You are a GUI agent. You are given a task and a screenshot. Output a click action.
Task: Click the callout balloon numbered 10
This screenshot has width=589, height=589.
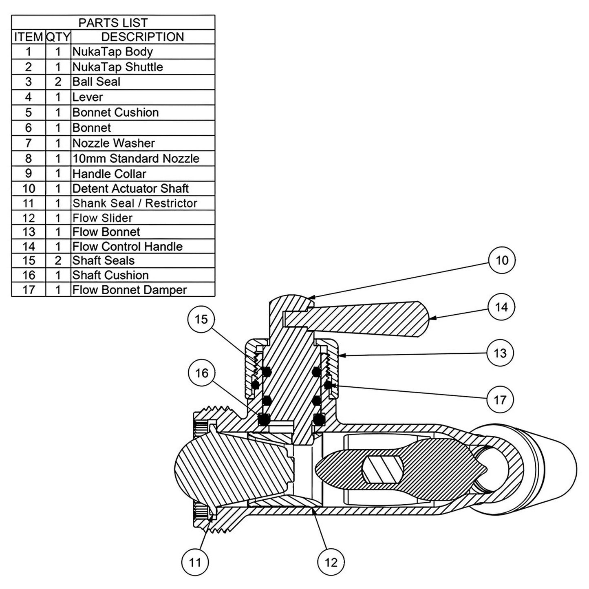[x=502, y=260]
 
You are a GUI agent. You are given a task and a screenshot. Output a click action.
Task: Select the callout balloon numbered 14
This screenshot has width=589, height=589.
[x=501, y=307]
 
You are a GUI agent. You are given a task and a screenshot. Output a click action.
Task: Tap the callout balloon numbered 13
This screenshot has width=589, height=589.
[x=500, y=353]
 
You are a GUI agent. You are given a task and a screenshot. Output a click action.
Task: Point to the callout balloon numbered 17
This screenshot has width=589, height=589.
[x=500, y=400]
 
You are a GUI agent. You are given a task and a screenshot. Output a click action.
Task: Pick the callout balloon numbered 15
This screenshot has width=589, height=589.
[x=201, y=319]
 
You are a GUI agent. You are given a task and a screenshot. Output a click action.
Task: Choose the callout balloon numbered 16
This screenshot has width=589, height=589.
[x=202, y=373]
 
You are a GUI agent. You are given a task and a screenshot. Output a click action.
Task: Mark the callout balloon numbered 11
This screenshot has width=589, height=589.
[x=195, y=563]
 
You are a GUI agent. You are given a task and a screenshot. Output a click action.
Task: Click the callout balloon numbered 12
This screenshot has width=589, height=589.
[x=331, y=563]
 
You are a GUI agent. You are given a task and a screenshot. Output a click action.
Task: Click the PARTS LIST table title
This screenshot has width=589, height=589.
[x=113, y=23]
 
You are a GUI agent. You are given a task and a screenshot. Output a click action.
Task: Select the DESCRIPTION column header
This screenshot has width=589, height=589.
[x=142, y=37]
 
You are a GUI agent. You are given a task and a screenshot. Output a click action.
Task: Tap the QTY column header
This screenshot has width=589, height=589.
[x=58, y=37]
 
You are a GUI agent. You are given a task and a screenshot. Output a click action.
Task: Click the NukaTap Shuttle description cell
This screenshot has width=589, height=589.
[x=117, y=67]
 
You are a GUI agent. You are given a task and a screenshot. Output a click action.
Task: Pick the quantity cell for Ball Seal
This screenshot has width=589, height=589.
[x=58, y=82]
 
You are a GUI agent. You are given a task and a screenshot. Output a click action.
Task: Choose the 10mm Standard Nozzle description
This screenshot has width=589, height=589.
[x=136, y=159]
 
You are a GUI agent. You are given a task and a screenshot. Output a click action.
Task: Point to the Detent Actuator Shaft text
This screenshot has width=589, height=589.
[x=130, y=189]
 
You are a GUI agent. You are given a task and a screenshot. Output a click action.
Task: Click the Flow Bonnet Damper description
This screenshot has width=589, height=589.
[x=129, y=290]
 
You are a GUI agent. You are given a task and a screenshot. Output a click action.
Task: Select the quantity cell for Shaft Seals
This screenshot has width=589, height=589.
[x=58, y=260]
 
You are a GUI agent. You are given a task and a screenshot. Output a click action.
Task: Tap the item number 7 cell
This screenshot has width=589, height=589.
[x=29, y=143]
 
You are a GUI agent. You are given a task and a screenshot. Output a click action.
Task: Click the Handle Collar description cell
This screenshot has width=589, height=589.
[x=109, y=174]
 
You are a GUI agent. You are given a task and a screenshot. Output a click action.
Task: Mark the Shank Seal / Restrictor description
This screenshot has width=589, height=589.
[x=135, y=203]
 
